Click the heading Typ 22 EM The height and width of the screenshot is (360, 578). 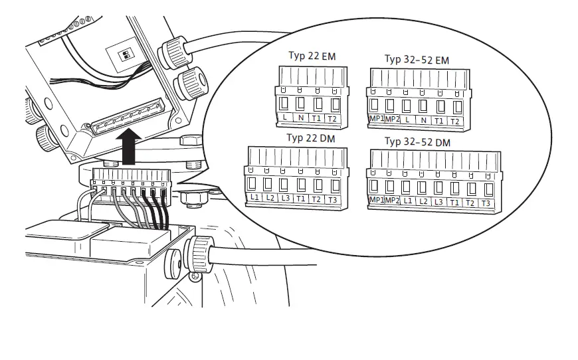coord(312,56)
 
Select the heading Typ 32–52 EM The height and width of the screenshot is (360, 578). coord(417,60)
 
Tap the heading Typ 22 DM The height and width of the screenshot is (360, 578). coord(310,138)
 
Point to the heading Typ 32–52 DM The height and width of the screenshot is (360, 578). coord(417,142)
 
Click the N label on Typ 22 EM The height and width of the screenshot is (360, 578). coord(300,118)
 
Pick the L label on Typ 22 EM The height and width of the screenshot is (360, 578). coord(284,118)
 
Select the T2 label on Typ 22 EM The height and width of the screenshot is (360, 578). coord(333,118)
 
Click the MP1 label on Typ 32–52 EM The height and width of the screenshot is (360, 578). coord(375,120)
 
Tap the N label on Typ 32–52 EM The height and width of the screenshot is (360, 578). coord(423,120)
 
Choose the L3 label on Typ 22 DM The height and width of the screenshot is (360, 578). coord(285,199)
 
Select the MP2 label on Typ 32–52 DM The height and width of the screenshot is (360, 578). coord(392,201)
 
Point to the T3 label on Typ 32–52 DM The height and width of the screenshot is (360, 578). coord(486,203)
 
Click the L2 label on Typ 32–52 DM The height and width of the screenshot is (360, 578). coord(423,201)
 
